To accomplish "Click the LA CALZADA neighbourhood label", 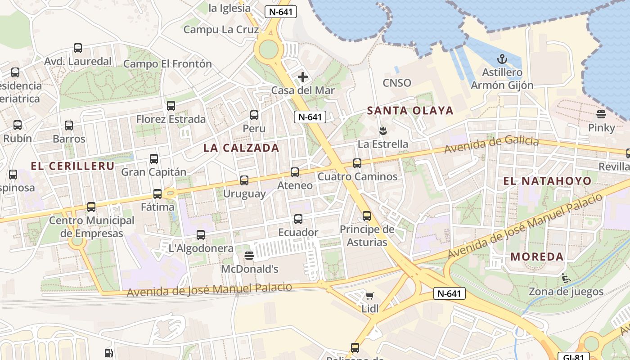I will tap(241, 148).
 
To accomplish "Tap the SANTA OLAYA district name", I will tap(410, 111).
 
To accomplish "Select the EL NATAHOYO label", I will tap(547, 181).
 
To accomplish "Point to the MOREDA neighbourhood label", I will tap(537, 257).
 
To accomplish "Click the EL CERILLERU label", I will tap(72, 166).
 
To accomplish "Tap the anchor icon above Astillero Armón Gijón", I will tap(502, 59).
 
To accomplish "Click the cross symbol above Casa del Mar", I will tap(303, 77).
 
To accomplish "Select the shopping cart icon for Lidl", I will tap(370, 296).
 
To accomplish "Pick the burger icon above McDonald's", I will tap(249, 256).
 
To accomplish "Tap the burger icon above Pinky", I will tap(601, 114).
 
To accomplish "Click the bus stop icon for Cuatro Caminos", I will tap(357, 163).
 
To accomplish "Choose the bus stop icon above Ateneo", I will tap(295, 172).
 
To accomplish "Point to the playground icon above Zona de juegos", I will tap(566, 278).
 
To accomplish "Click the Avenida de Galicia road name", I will tap(491, 144).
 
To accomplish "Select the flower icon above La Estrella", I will tap(383, 131).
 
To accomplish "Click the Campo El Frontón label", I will tap(167, 64).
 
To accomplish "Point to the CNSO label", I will tap(397, 83).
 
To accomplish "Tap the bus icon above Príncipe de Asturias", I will tap(367, 216).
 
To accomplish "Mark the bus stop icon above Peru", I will tap(254, 115).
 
